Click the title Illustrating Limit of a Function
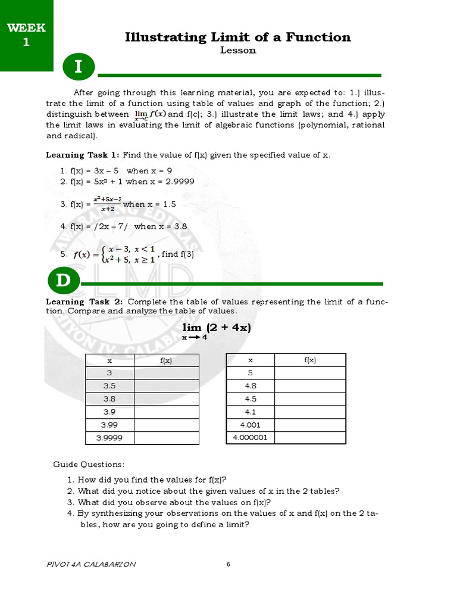pos(238,37)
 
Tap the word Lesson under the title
pos(238,51)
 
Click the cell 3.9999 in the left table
pos(109,438)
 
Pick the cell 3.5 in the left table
pos(109,385)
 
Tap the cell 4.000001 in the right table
pos(250,438)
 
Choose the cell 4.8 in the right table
pos(250,385)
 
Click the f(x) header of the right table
pos(309,360)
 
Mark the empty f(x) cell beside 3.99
pos(167,425)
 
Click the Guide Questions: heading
pos(89,464)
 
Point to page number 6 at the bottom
pos(228,565)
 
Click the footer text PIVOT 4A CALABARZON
pos(90,565)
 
